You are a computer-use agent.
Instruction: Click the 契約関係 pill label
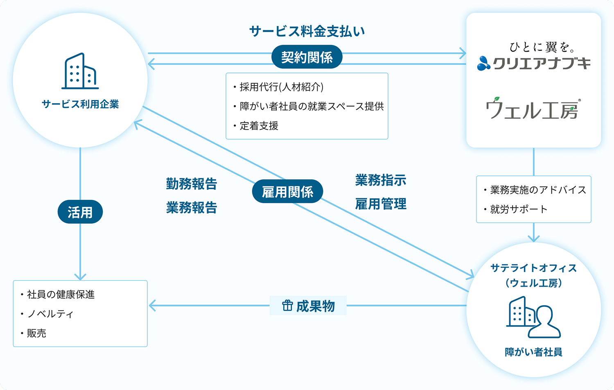[307, 57]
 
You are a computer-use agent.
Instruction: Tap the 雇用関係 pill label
[287, 192]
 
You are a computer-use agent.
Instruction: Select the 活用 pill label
[80, 212]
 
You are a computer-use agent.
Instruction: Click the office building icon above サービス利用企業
[80, 71]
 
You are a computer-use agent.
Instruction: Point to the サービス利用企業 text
[80, 104]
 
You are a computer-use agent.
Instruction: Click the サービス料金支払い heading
[307, 31]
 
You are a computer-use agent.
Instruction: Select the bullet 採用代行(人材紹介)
[281, 87]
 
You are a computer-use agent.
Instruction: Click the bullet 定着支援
[259, 126]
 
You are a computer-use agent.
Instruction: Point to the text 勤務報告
[192, 184]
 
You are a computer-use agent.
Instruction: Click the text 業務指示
[381, 180]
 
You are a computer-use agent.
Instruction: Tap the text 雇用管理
[381, 204]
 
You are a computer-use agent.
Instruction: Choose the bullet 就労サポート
[518, 209]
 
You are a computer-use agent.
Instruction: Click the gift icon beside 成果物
[287, 306]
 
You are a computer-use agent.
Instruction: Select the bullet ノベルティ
[50, 314]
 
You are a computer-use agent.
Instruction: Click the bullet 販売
[36, 333]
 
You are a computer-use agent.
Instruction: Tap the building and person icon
[533, 317]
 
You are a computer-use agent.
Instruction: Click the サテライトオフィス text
[533, 268]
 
